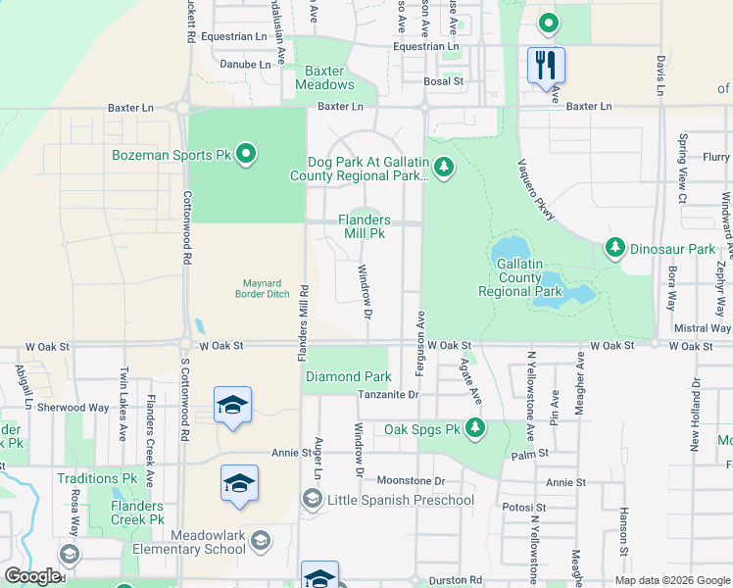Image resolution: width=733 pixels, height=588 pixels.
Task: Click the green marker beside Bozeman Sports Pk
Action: point(246,154)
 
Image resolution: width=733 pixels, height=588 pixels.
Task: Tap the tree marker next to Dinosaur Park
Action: point(615,248)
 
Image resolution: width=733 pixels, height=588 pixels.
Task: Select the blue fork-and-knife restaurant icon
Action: point(546,67)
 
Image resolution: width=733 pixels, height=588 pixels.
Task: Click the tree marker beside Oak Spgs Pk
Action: point(475,427)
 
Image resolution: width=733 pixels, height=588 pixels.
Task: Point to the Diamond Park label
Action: point(348,376)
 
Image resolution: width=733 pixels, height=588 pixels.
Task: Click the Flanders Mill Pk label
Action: point(365,227)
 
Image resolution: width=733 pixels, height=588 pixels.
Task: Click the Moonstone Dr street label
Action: point(411,481)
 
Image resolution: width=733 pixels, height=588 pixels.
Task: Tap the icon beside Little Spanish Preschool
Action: point(311,500)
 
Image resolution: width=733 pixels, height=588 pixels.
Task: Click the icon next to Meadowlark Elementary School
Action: point(260,539)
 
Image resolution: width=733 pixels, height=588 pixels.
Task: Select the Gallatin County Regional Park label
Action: point(519,278)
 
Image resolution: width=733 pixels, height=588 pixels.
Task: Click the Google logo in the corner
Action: point(31,576)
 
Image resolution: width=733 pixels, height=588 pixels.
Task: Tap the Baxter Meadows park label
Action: point(324,77)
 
